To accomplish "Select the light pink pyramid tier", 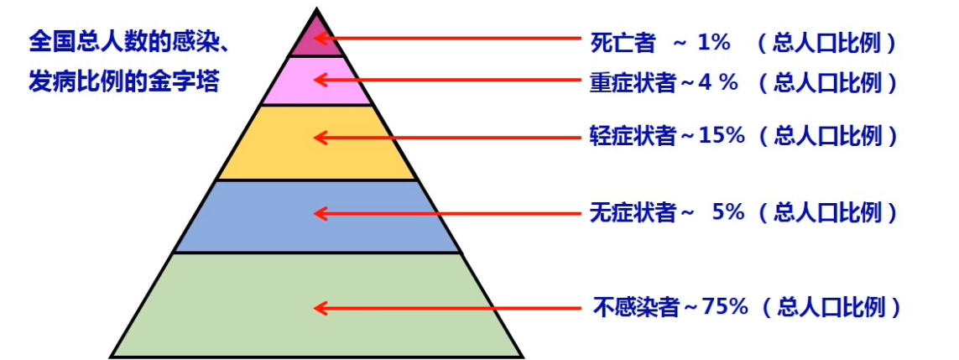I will (x=317, y=81).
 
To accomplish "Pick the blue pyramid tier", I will (x=317, y=217).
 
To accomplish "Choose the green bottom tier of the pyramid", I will (x=317, y=306).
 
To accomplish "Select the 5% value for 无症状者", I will (x=727, y=213).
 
